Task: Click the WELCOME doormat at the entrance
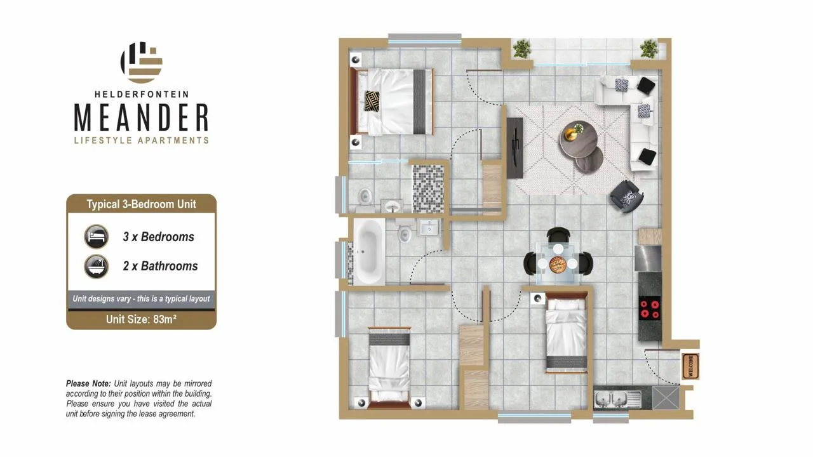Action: point(690,366)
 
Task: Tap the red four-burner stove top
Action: point(650,308)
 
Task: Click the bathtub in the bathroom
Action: point(368,251)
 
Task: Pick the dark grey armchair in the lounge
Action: point(626,196)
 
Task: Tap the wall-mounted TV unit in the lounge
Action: point(514,147)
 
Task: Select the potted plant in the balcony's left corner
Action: point(521,50)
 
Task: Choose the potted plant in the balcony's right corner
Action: point(648,50)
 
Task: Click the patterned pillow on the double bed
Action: point(372,101)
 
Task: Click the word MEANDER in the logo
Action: point(142,117)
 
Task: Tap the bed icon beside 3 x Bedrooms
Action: point(96,237)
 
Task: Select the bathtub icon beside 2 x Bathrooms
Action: point(96,266)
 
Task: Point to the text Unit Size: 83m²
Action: point(141,319)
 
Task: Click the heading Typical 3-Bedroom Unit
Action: point(141,204)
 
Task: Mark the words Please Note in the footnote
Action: point(88,383)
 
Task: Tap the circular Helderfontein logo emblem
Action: point(141,62)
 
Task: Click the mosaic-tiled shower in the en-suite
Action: point(428,189)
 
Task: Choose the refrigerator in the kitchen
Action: point(648,258)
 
